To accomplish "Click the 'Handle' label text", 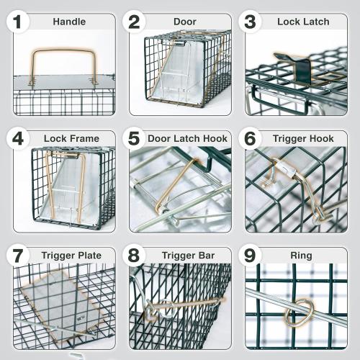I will pyautogui.click(x=69, y=22).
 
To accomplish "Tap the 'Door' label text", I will pyautogui.click(x=185, y=22).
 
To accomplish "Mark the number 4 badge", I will pyautogui.click(x=17, y=138).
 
